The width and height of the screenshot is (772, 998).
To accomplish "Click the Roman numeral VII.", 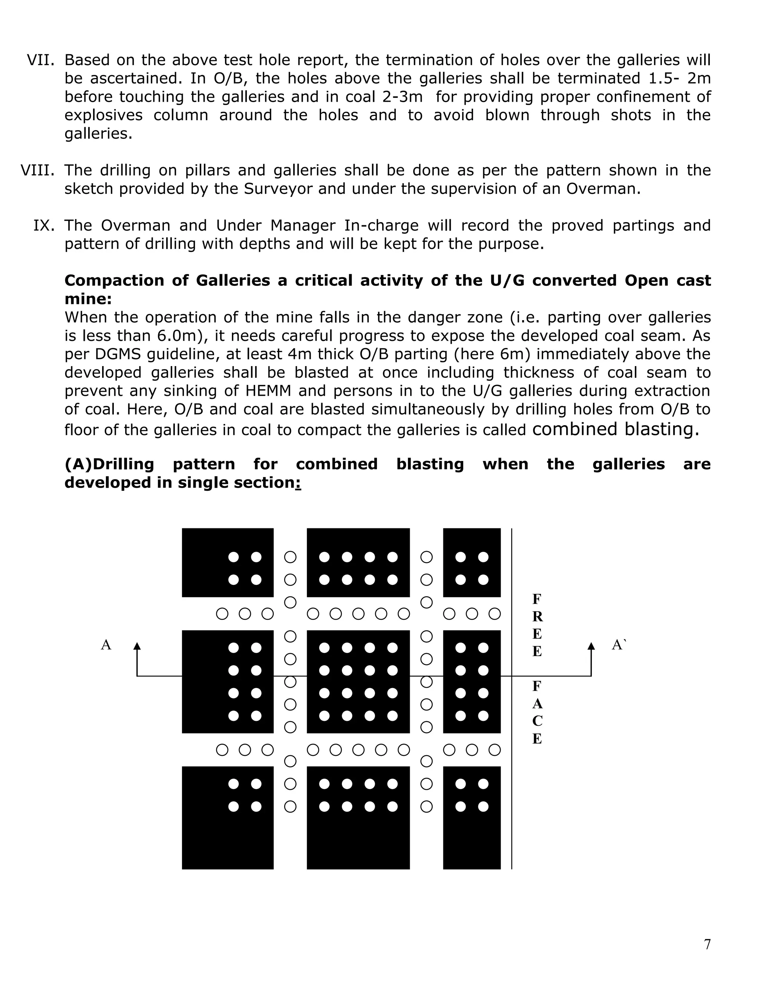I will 40,60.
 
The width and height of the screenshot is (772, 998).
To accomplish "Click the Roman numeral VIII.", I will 37,170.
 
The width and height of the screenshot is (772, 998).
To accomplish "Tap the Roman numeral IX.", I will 43,225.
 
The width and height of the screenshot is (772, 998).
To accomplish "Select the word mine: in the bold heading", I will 88,299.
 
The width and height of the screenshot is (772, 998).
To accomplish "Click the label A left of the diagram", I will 106,645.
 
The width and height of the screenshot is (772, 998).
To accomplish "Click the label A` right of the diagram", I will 619,645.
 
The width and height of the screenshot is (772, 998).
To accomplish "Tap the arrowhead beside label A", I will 137,645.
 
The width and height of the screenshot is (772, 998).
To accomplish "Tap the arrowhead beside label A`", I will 591,645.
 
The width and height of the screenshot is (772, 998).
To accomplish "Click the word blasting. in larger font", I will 661,429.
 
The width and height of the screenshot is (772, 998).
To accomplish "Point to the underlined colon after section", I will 298,482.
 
